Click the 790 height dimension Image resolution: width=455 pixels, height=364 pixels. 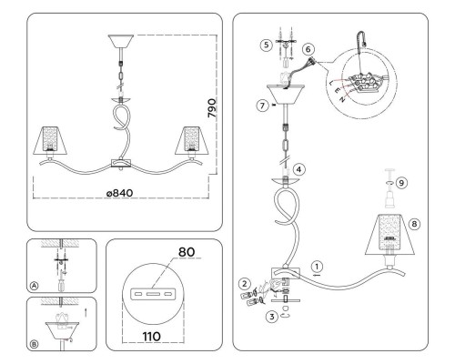pyautogui.click(x=212, y=108)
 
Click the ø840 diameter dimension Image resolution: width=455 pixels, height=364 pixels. pyautogui.click(x=119, y=193)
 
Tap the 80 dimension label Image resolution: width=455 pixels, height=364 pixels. pyautogui.click(x=187, y=252)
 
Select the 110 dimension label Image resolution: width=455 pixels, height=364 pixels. pyautogui.click(x=152, y=337)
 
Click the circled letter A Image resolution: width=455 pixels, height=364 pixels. pyautogui.click(x=35, y=286)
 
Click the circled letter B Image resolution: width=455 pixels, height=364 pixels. pyautogui.click(x=35, y=344)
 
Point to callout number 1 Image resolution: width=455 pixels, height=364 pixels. pyautogui.click(x=317, y=267)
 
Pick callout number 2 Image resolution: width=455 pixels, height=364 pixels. pyautogui.click(x=245, y=284)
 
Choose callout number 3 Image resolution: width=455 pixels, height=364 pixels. pyautogui.click(x=272, y=317)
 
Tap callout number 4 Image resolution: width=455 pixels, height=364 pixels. pyautogui.click(x=299, y=169)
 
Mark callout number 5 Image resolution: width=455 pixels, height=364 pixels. pyautogui.click(x=266, y=45)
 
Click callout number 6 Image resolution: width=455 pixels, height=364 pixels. pyautogui.click(x=308, y=49)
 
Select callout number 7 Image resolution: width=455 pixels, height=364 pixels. pyautogui.click(x=263, y=106)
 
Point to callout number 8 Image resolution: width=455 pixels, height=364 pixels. pyautogui.click(x=414, y=224)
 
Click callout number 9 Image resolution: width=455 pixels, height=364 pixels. pyautogui.click(x=401, y=183)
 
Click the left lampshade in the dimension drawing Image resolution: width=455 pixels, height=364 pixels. pyautogui.click(x=50, y=140)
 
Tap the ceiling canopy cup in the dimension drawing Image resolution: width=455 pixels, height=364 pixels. pyautogui.click(x=121, y=41)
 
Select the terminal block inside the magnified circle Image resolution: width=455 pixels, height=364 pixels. pyautogui.click(x=365, y=82)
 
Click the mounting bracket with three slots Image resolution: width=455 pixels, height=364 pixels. pyautogui.click(x=153, y=294)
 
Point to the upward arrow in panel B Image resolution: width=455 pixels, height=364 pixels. pyautogui.click(x=86, y=313)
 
